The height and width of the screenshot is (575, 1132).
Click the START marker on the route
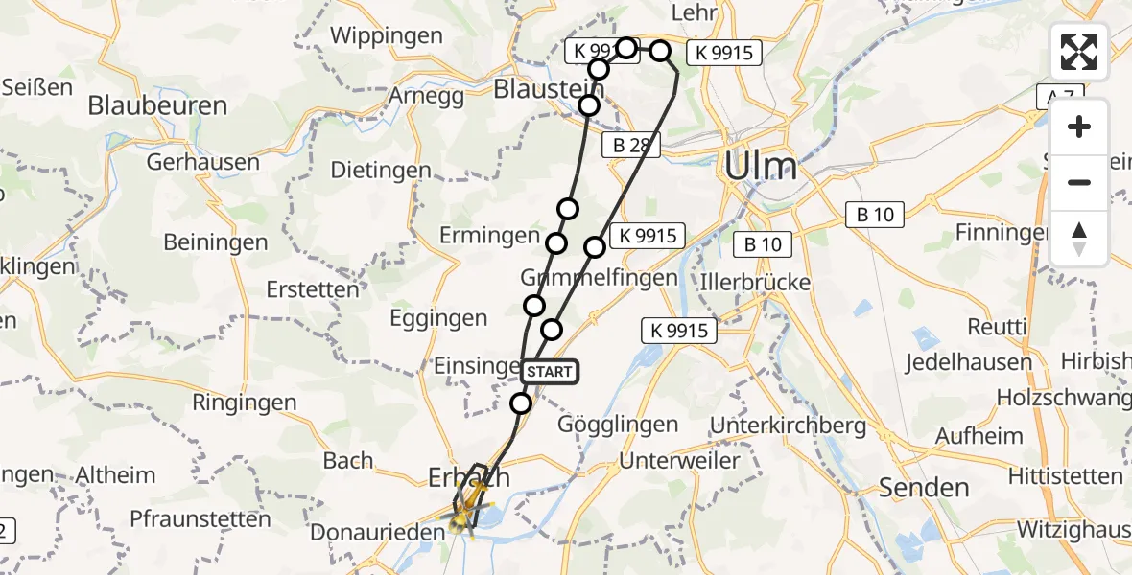pos(550,372)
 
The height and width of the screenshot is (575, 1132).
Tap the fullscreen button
pos(1079,52)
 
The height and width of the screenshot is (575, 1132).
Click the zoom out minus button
pos(1079,182)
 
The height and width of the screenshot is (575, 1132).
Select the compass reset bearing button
pos(1079,238)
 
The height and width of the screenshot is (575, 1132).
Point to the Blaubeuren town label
pos(157,105)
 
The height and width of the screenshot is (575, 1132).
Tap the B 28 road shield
pos(628,145)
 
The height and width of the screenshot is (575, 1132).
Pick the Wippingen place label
pos(387,36)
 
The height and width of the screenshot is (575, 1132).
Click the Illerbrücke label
pos(756,283)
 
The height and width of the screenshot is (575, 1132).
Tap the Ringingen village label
pos(245,402)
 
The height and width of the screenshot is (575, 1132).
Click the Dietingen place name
pos(381,170)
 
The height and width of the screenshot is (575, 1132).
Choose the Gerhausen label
pos(203,161)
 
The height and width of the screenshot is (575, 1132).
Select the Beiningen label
pos(215,242)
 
